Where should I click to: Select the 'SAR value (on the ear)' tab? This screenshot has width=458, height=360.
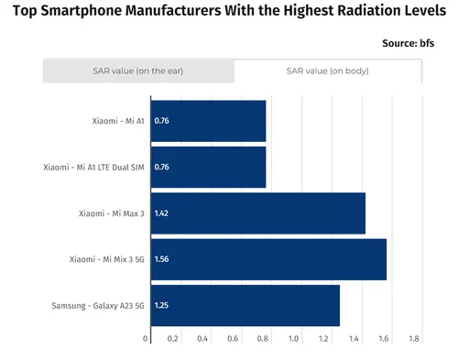click(x=138, y=71)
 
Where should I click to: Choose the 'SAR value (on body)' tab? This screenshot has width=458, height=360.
click(x=327, y=71)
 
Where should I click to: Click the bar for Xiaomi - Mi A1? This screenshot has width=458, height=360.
click(x=208, y=121)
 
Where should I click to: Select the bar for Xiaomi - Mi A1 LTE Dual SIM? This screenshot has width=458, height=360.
click(x=208, y=168)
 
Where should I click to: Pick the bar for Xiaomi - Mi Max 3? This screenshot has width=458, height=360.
click(x=257, y=213)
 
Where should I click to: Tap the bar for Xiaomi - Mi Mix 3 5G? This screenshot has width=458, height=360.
click(x=268, y=259)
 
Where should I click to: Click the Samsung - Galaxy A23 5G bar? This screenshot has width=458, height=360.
click(x=245, y=305)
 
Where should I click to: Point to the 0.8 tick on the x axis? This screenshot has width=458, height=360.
click(x=264, y=339)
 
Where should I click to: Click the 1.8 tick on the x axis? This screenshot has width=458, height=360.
click(x=414, y=339)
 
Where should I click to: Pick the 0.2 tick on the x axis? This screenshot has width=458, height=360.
click(x=174, y=339)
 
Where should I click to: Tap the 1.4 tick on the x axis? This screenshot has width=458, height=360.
click(x=354, y=339)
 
